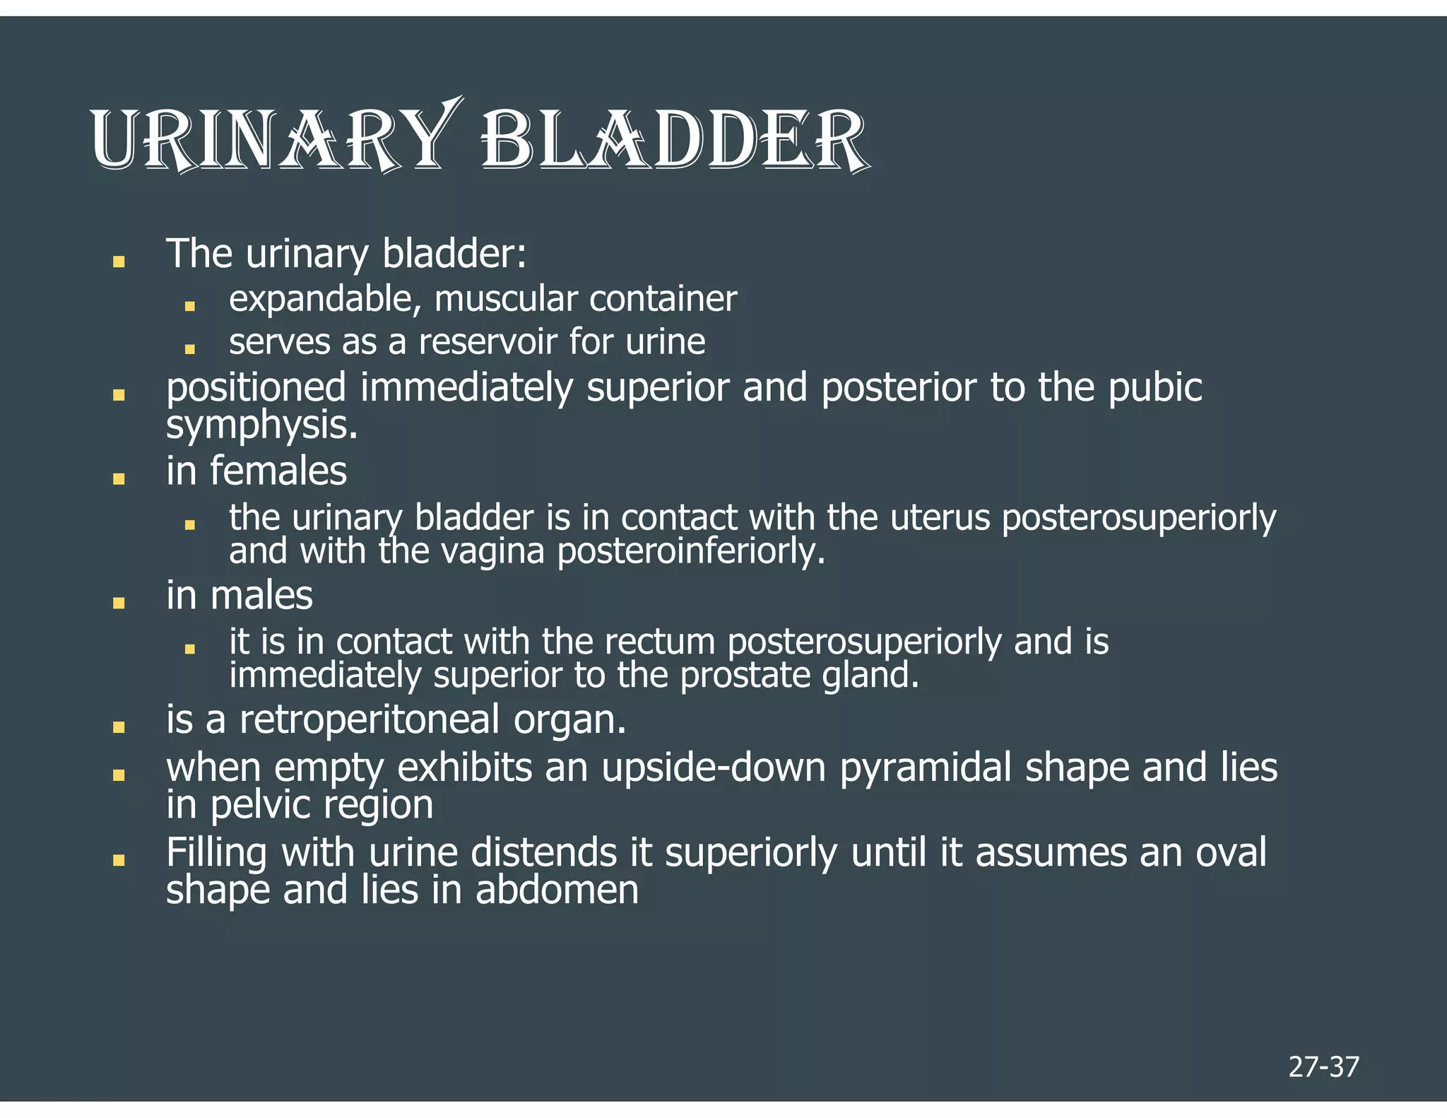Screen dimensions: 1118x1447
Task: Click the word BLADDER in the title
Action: (x=675, y=140)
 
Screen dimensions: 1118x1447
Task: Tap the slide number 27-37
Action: (x=1323, y=1066)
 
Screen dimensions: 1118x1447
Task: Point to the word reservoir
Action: (x=488, y=342)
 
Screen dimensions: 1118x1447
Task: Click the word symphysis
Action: (x=261, y=425)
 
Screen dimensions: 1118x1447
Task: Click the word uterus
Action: (x=940, y=518)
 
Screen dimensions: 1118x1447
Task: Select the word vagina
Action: (x=492, y=551)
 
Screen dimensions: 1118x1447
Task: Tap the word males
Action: (x=261, y=595)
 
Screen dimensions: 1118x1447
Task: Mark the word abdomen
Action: (x=557, y=890)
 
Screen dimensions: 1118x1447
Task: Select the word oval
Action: (x=1231, y=852)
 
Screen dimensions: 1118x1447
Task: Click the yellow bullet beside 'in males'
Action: (x=119, y=603)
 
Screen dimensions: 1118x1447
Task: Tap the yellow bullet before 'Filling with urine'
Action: (x=119, y=860)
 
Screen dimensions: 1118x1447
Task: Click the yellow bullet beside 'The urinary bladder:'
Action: (x=119, y=261)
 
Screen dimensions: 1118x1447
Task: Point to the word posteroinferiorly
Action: (x=691, y=551)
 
